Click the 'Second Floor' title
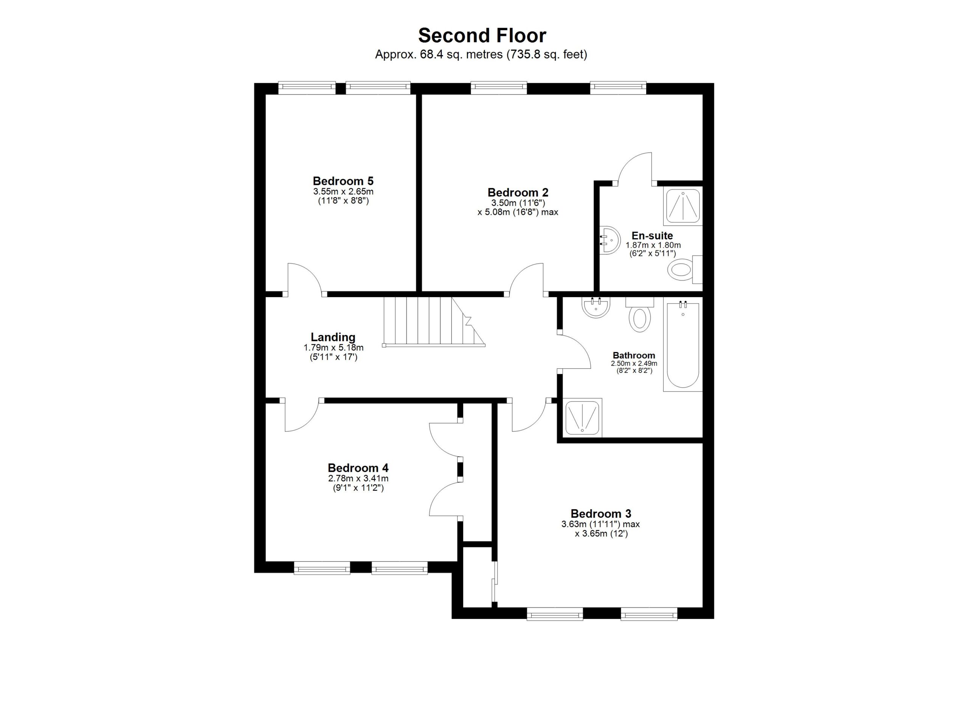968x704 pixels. click(x=482, y=36)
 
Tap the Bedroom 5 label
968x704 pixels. click(x=343, y=181)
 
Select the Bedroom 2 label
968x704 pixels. click(x=518, y=192)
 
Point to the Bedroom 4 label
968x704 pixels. click(x=358, y=468)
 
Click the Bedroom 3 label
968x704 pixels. click(x=600, y=514)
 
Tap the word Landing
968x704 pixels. click(x=333, y=338)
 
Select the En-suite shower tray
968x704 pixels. click(x=683, y=206)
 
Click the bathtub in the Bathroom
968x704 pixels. click(x=683, y=344)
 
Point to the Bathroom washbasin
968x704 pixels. click(x=596, y=308)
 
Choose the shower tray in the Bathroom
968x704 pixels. click(x=583, y=418)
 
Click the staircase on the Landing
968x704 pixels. click(x=434, y=322)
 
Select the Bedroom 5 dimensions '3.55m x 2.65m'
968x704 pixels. click(x=343, y=192)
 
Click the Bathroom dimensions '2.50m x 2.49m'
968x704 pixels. click(x=634, y=363)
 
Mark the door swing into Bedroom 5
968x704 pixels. click(x=305, y=279)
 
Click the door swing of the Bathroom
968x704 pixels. click(x=574, y=351)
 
